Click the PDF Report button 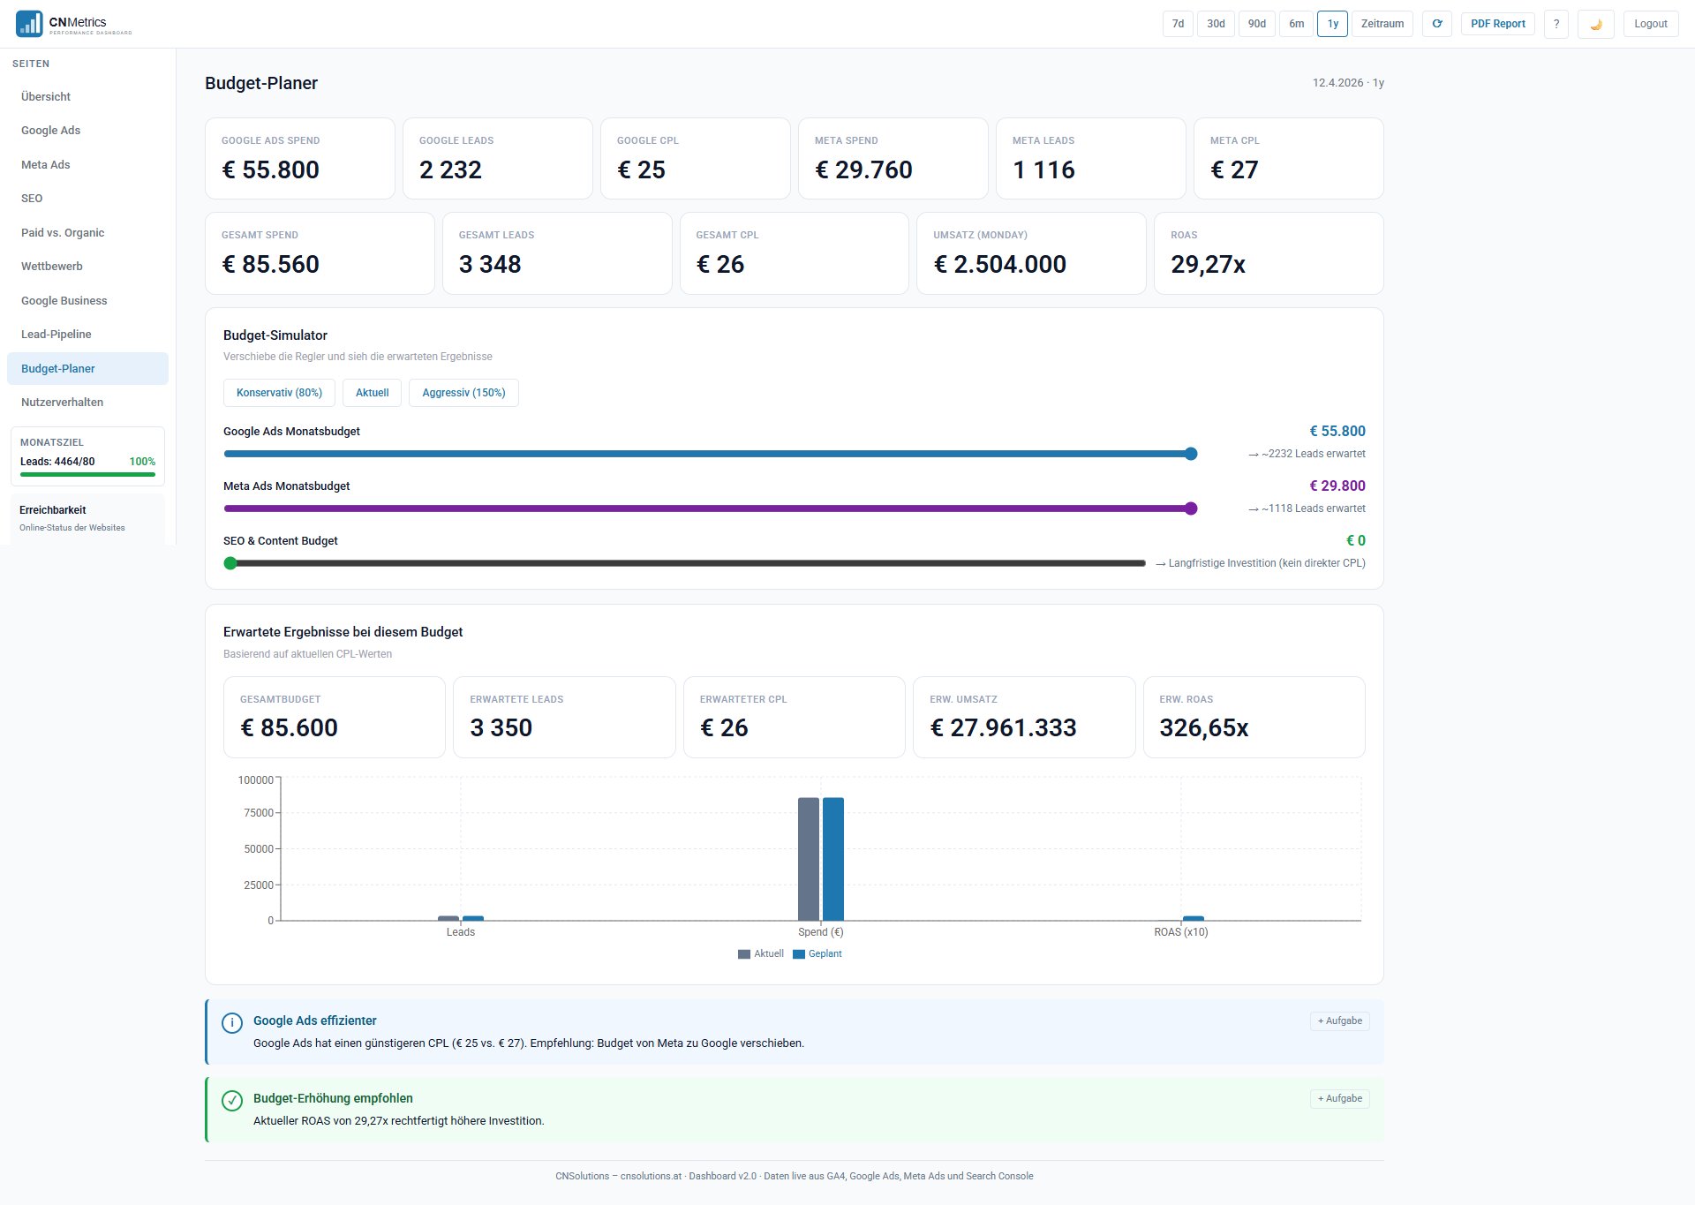point(1497,24)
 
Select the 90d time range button point(1256,24)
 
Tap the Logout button point(1650,24)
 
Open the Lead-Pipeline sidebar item point(56,335)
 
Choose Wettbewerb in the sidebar point(52,267)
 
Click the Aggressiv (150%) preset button point(463,393)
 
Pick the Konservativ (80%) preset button point(279,393)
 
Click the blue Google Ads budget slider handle point(1191,454)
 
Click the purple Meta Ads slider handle point(1191,508)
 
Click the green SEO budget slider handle point(230,563)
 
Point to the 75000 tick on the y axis point(259,813)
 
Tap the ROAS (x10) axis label point(1180,932)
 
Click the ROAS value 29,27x point(1208,264)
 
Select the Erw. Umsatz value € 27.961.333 point(1003,727)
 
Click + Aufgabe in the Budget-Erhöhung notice point(1339,1099)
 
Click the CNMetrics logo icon point(29,24)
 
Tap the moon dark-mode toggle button point(1595,24)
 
